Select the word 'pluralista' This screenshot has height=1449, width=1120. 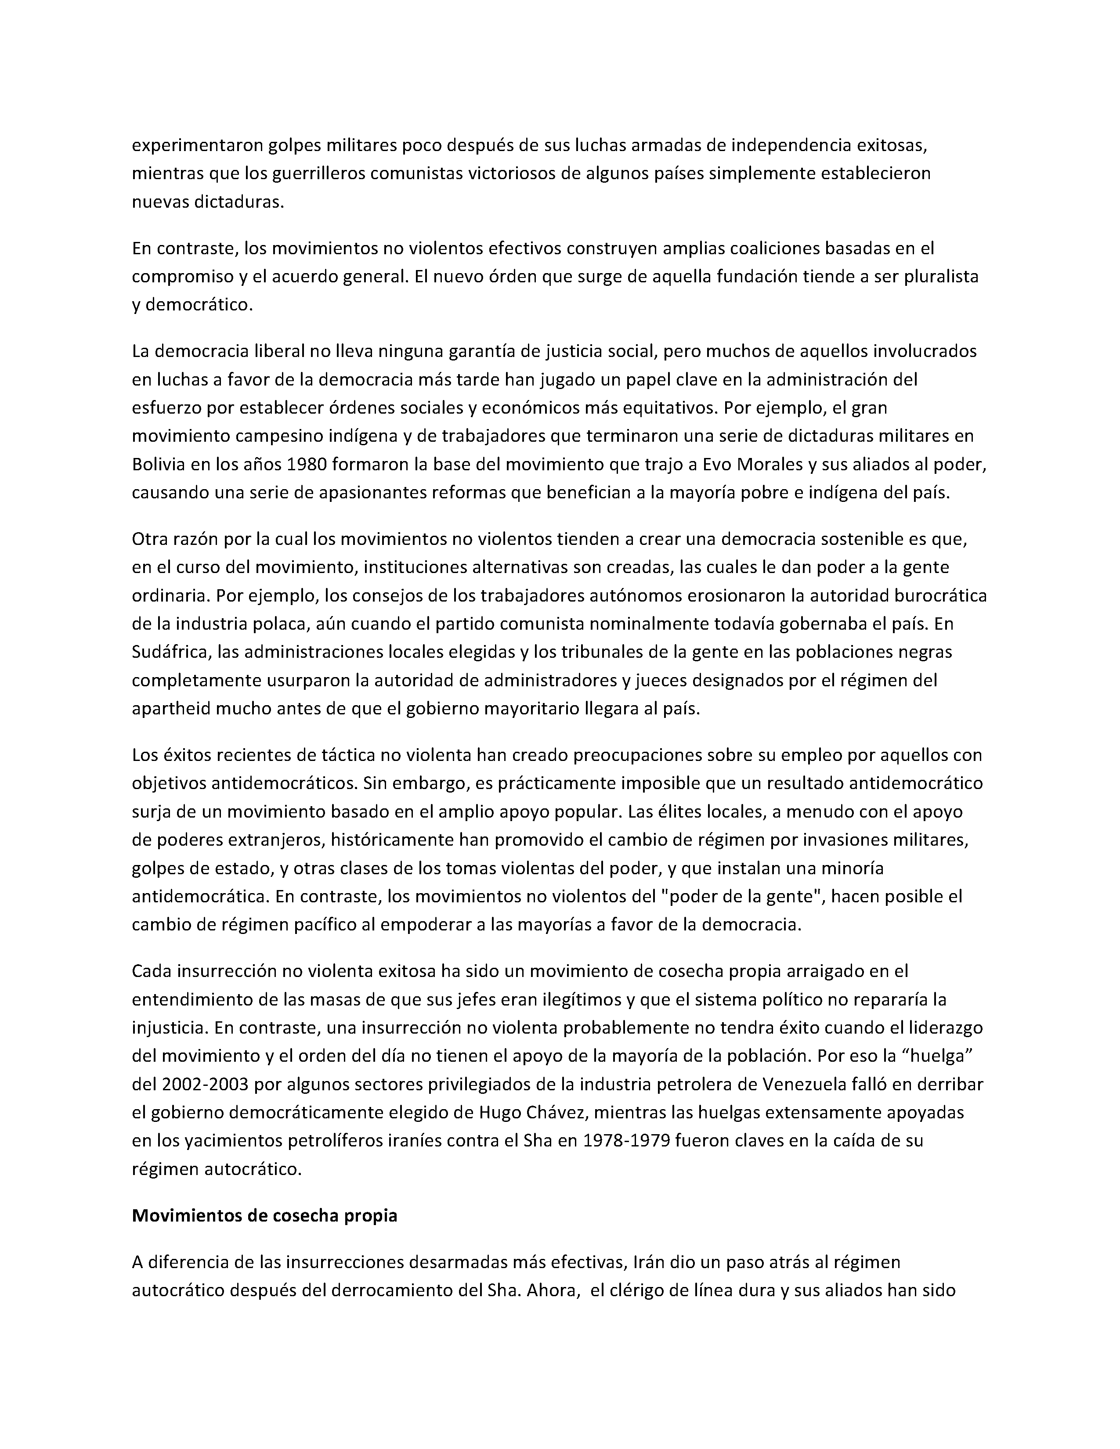coord(941,277)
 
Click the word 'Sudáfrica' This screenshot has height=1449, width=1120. coord(170,652)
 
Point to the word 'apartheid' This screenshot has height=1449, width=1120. coord(171,709)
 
